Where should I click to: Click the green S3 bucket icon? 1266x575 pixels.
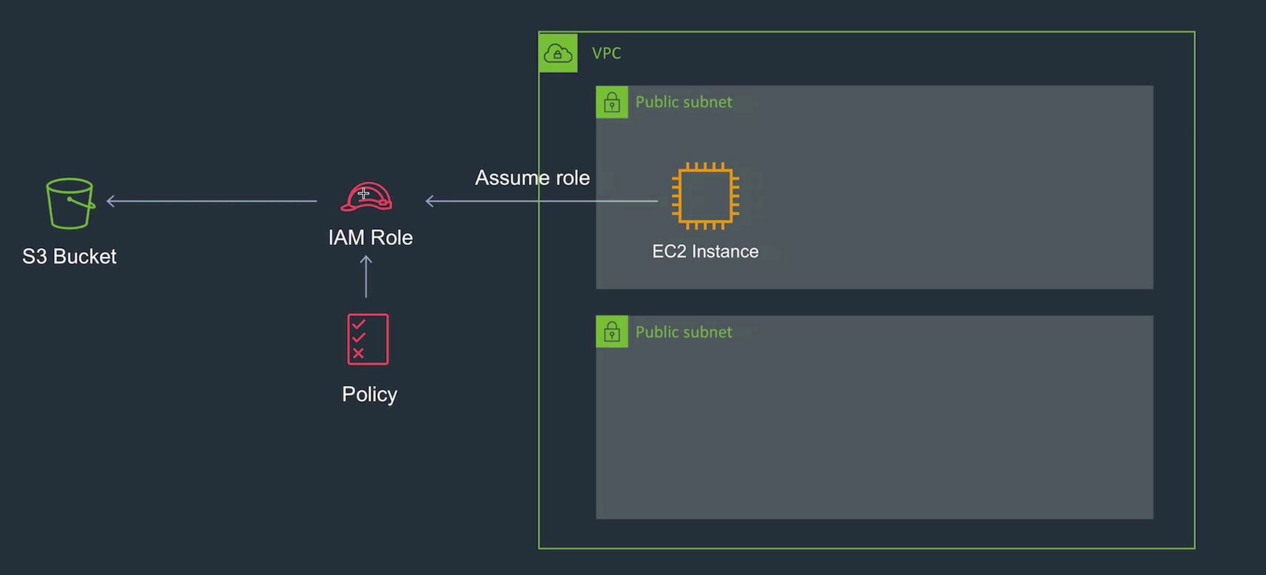(x=70, y=203)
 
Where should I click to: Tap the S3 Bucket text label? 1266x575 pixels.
(x=69, y=256)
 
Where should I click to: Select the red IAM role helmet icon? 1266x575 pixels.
(x=367, y=197)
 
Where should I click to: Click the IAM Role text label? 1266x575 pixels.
(x=370, y=237)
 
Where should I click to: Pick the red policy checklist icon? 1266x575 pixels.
(x=368, y=339)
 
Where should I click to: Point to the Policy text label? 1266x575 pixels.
(x=370, y=394)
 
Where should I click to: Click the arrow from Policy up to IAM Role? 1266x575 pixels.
(x=366, y=277)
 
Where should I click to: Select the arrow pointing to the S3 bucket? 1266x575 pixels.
(x=211, y=201)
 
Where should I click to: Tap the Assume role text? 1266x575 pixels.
(x=532, y=178)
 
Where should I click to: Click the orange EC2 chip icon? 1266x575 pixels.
(x=705, y=196)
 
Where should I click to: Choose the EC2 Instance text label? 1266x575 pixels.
(x=705, y=251)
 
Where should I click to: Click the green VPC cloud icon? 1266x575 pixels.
(x=558, y=53)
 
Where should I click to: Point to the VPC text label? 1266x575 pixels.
(x=606, y=53)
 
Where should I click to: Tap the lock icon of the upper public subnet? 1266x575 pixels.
(x=611, y=102)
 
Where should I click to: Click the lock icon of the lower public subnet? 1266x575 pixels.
(x=611, y=332)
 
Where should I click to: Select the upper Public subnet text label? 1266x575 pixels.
(x=684, y=102)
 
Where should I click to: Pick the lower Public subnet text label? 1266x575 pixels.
(x=684, y=332)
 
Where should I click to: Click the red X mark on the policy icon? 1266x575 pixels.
(x=358, y=353)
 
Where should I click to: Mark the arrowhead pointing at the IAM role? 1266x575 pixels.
(x=430, y=201)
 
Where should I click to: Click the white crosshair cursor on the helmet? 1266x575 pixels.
(x=363, y=194)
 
